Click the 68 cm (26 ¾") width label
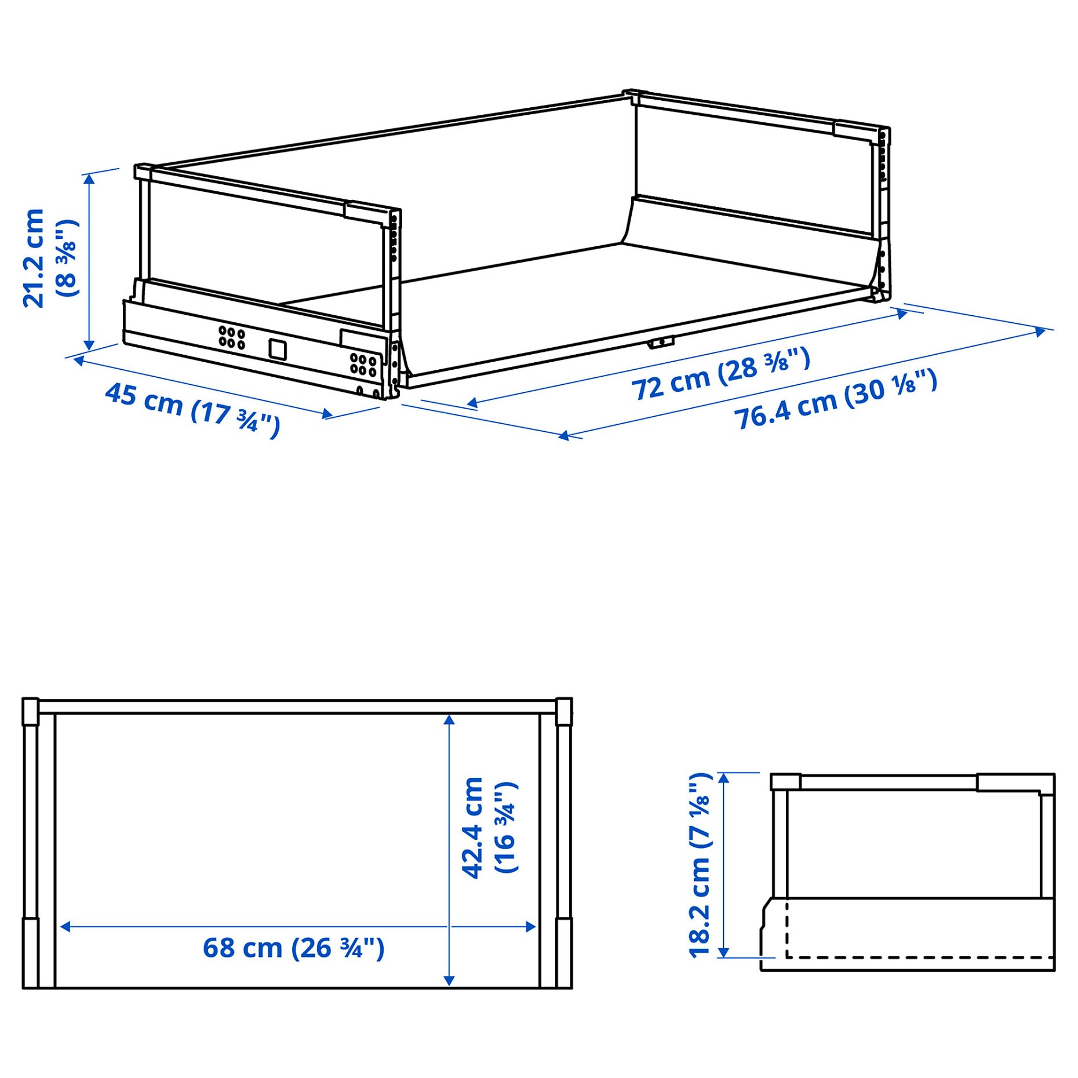[293, 948]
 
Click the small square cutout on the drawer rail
[278, 349]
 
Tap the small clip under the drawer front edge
[661, 343]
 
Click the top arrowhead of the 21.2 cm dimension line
[89, 179]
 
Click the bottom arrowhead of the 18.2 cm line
[723, 952]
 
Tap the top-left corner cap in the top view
[30, 711]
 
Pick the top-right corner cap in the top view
[563, 711]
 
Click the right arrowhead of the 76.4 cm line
[1041, 332]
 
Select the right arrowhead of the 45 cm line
[328, 414]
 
